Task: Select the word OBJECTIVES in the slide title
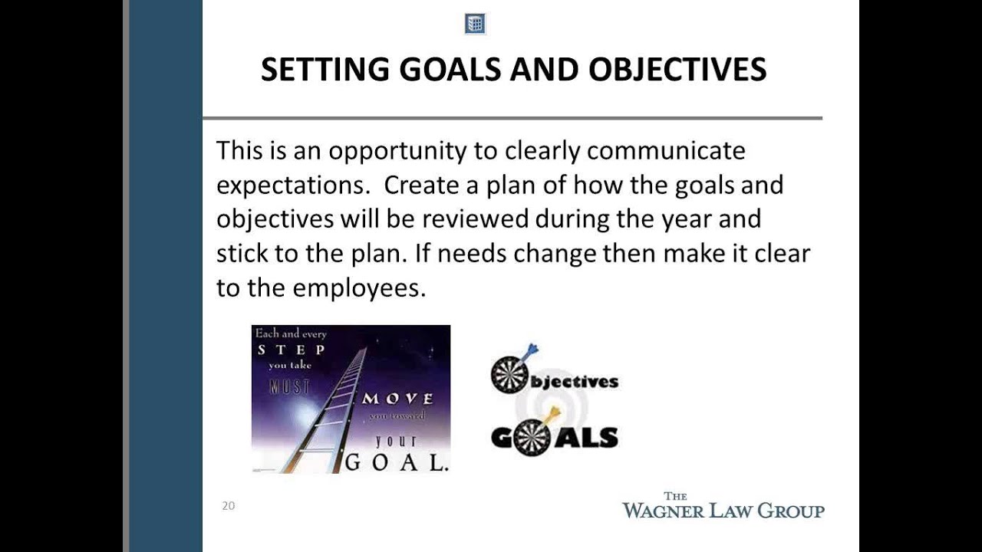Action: [677, 70]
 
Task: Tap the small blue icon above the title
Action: [475, 24]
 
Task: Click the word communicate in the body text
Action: [666, 150]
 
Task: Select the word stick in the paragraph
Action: [242, 254]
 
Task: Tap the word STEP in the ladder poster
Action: [291, 350]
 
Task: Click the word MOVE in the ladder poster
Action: [397, 399]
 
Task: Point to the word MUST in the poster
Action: [290, 386]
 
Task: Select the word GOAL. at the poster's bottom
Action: [397, 462]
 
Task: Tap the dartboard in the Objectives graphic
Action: [509, 375]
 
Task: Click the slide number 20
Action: [228, 505]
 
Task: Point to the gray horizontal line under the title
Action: [512, 118]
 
